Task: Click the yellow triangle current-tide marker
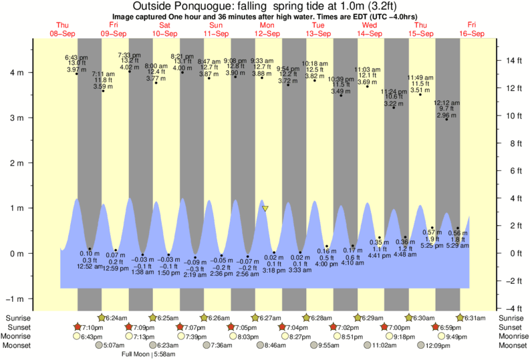265,208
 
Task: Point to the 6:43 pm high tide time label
76,57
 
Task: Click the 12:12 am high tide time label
446,103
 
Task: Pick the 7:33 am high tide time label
129,55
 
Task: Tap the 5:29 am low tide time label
458,246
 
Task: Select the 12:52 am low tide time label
89,266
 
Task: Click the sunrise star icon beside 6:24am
102,318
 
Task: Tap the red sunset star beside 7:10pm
78,327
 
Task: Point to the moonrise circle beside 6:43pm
77,336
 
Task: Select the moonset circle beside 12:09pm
421,345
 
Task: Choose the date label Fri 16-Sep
472,29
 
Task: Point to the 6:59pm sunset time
453,327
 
